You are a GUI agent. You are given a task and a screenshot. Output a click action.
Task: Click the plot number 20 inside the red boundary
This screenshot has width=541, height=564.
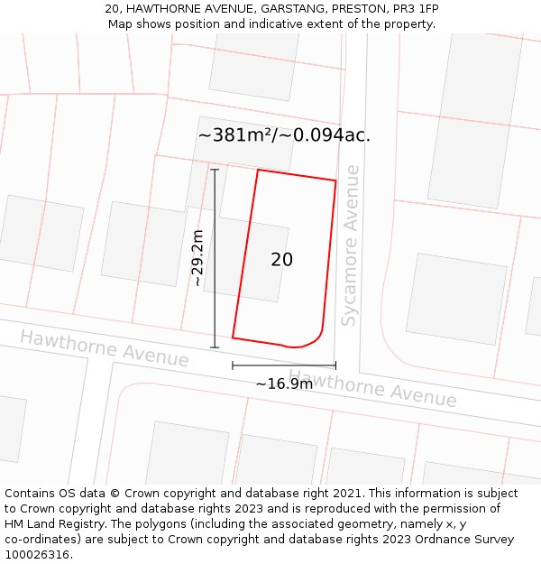[x=281, y=260]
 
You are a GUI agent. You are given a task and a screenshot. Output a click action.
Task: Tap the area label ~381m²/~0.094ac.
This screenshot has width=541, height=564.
[x=284, y=135]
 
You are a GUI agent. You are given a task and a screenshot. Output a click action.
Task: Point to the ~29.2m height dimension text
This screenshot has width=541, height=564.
[x=197, y=258]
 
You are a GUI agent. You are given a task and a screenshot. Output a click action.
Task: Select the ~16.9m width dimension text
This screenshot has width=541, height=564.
[x=284, y=384]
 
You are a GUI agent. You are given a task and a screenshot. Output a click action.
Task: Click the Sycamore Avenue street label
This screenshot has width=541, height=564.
[x=351, y=245]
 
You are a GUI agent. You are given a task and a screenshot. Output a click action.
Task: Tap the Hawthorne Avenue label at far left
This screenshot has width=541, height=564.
[x=105, y=348]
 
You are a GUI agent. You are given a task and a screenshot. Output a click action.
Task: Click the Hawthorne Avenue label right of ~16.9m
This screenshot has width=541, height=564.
[x=372, y=389]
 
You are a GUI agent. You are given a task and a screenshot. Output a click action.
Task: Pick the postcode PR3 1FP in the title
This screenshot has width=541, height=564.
[x=416, y=9]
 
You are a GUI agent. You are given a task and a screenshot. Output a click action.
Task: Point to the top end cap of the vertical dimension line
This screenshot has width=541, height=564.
[x=215, y=170]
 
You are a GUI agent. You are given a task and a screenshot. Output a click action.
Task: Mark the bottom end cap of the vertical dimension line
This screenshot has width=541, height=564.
[x=215, y=347]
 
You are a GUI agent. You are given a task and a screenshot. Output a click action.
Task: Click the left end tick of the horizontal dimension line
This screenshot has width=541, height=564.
[x=233, y=365]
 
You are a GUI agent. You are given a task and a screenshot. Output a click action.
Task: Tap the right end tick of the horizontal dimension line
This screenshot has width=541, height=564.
[x=335, y=365]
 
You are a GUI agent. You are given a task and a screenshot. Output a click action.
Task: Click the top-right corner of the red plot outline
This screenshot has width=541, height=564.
[x=335, y=181]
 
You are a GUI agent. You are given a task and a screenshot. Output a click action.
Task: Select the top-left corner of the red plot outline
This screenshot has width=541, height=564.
[x=259, y=170]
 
